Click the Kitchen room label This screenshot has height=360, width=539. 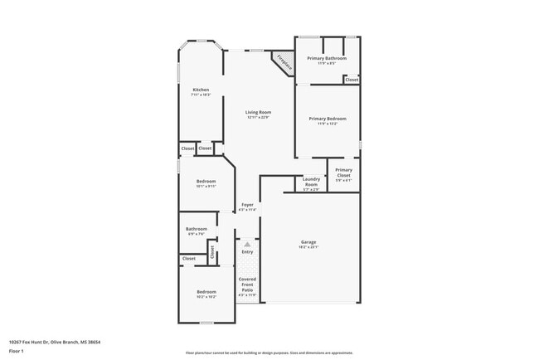click(x=201, y=90)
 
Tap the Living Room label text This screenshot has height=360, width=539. click(x=258, y=112)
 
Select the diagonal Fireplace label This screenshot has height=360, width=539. click(x=284, y=62)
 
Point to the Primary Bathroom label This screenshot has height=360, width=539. click(x=327, y=58)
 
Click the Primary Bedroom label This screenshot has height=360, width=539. click(x=328, y=119)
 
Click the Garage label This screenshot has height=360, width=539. click(x=308, y=242)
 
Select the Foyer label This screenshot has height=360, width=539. click(x=248, y=204)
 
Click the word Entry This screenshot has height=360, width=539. click(x=247, y=251)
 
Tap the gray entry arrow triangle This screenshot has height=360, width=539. click(x=247, y=243)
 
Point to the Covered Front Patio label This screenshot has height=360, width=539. click(x=247, y=285)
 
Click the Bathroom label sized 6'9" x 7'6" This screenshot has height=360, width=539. click(x=197, y=229)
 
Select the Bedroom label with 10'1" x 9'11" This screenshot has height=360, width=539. click(x=206, y=181)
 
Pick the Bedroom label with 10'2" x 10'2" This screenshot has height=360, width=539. click(x=206, y=291)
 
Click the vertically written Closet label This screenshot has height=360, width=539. click(x=211, y=251)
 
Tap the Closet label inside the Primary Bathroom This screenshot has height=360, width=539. click(x=352, y=80)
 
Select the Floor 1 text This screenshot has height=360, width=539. click(x=17, y=350)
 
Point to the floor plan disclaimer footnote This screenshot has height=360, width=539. click(x=269, y=353)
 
